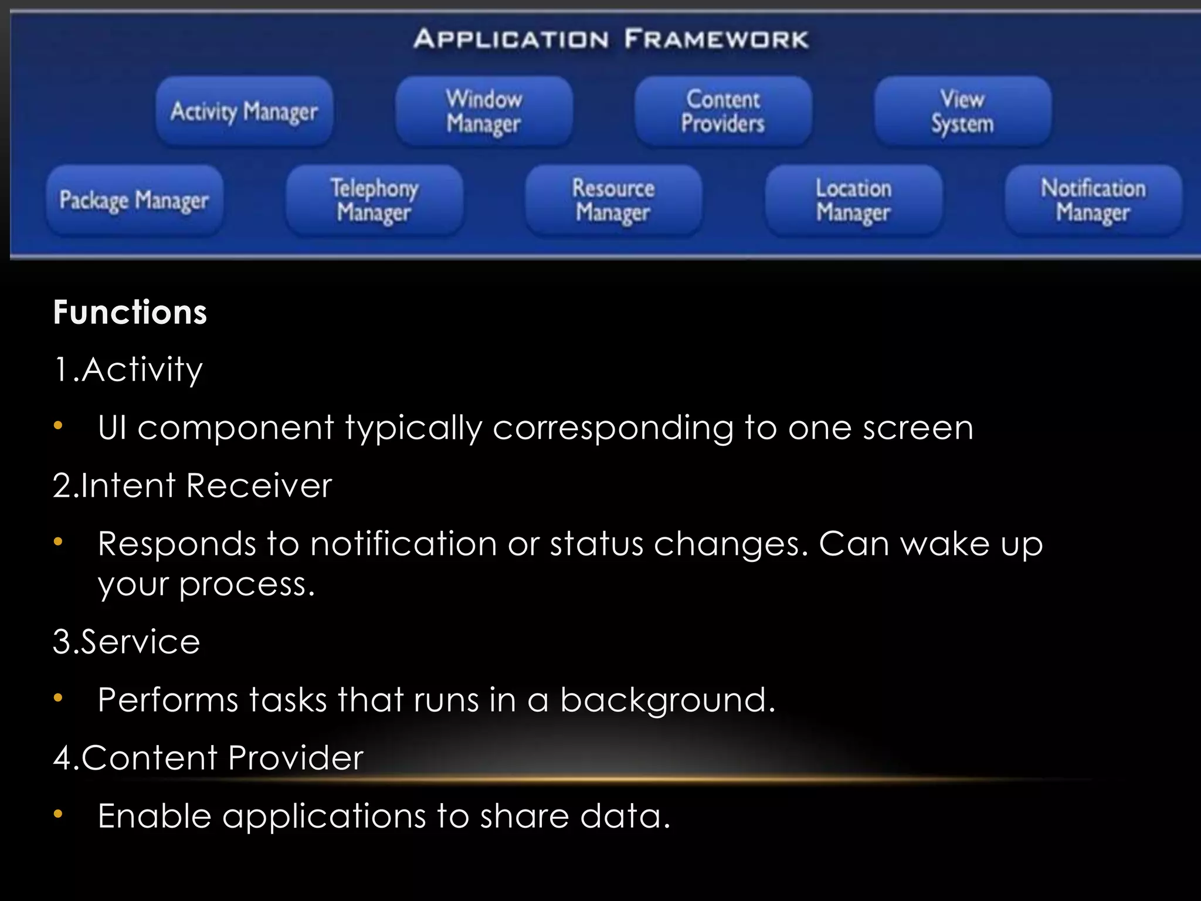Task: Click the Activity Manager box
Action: tap(244, 111)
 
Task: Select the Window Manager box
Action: tap(484, 111)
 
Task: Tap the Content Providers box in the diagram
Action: tap(723, 111)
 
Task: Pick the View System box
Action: tap(962, 111)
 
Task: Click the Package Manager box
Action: tap(134, 200)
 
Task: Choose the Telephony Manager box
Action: tap(374, 200)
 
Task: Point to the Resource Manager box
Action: tap(613, 200)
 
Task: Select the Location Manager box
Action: tap(853, 200)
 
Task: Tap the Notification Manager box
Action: tap(1093, 200)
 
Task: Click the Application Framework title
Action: tap(610, 39)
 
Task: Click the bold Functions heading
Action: tap(130, 311)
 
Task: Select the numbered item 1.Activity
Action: tap(128, 370)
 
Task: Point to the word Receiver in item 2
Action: tap(259, 486)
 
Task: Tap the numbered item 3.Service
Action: tap(126, 641)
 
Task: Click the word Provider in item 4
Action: tap(296, 757)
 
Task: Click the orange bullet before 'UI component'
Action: tap(57, 426)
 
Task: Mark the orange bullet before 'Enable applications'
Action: tap(57, 814)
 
